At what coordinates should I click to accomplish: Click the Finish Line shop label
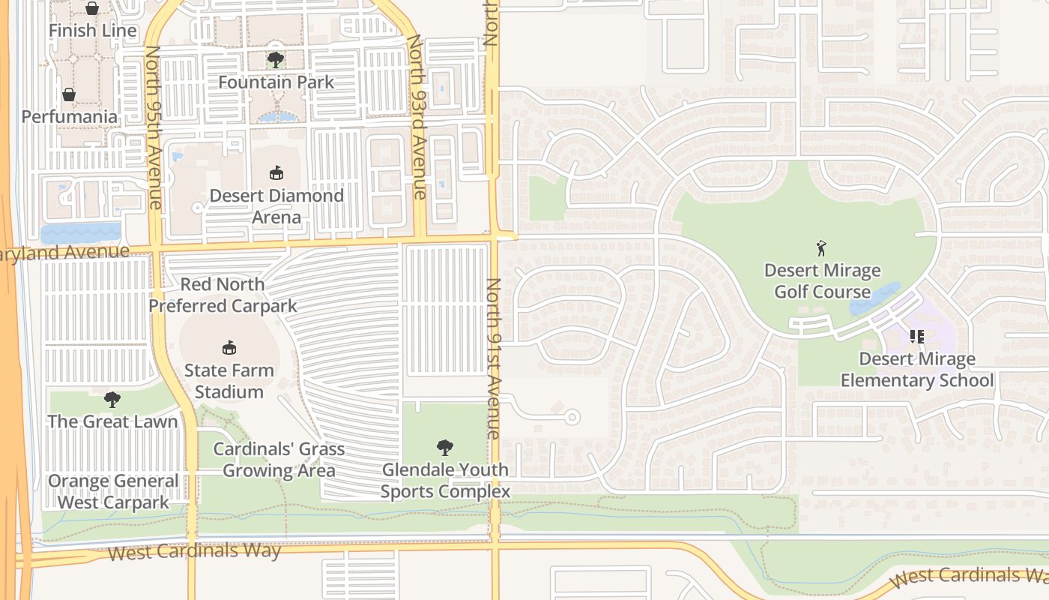pyautogui.click(x=93, y=31)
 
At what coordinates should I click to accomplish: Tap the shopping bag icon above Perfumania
pyautogui.click(x=69, y=94)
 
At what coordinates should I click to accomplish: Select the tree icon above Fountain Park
pyautogui.click(x=276, y=60)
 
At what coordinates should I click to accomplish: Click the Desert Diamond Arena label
pyautogui.click(x=276, y=206)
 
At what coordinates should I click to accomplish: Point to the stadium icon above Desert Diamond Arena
pyautogui.click(x=276, y=172)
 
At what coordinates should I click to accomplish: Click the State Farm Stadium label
pyautogui.click(x=229, y=381)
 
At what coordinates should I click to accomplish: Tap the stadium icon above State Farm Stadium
pyautogui.click(x=229, y=347)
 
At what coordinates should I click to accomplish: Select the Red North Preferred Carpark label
pyautogui.click(x=223, y=295)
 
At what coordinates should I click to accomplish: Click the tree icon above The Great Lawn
pyautogui.click(x=112, y=399)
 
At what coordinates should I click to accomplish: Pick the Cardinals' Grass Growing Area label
pyautogui.click(x=279, y=460)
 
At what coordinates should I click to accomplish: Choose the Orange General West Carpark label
pyautogui.click(x=114, y=491)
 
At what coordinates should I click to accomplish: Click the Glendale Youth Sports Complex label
pyautogui.click(x=445, y=481)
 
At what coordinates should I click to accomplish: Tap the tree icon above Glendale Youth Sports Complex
pyautogui.click(x=445, y=448)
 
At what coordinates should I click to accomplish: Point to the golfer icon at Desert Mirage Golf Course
pyautogui.click(x=821, y=248)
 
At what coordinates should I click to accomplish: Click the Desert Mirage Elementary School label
pyautogui.click(x=917, y=370)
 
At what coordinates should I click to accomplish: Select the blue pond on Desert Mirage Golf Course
pyautogui.click(x=874, y=299)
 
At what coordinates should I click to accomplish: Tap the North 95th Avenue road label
pyautogui.click(x=153, y=127)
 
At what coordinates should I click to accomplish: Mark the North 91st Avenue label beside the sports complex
pyautogui.click(x=493, y=358)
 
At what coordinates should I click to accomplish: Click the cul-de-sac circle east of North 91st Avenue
pyautogui.click(x=572, y=416)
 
